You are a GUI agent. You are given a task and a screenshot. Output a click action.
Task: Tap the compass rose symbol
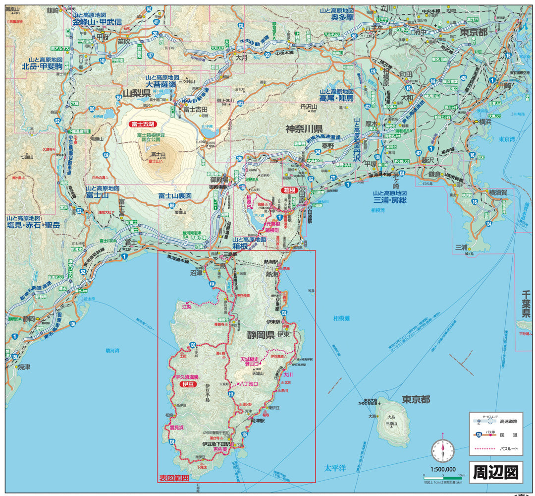point(442,450)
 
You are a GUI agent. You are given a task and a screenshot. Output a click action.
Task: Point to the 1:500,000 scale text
point(442,469)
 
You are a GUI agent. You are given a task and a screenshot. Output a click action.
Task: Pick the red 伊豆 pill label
point(189,384)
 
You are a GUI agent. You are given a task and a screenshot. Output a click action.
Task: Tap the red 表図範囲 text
point(174,478)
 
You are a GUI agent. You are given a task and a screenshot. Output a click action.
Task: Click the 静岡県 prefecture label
point(261,335)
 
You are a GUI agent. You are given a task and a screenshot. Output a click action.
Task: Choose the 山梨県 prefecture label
point(136,93)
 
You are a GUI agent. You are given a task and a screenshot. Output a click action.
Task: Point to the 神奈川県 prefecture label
point(304,128)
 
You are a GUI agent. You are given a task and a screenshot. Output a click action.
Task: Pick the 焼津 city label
point(24,367)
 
